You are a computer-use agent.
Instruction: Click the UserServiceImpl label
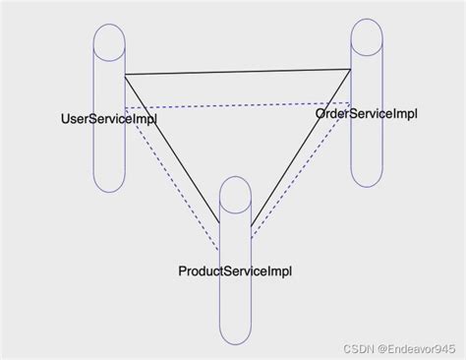click(109, 119)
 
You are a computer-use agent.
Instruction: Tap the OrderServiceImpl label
click(367, 113)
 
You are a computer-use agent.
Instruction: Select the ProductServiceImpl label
click(235, 270)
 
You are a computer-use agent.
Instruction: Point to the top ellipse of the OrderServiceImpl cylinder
click(367, 35)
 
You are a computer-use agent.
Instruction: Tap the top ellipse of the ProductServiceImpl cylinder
click(236, 193)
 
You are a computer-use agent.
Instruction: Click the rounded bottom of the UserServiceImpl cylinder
click(109, 183)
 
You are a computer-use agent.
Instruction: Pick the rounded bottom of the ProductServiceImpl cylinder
click(236, 334)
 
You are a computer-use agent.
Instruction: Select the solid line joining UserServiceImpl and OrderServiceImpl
click(238, 72)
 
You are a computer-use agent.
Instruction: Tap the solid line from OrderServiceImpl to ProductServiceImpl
click(301, 148)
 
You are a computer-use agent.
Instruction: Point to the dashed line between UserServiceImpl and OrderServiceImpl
click(238, 105)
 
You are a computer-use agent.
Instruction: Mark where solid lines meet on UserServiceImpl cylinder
click(125, 75)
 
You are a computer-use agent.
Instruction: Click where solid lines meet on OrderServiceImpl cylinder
click(351, 69)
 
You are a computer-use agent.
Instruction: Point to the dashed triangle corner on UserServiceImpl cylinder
click(125, 107)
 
